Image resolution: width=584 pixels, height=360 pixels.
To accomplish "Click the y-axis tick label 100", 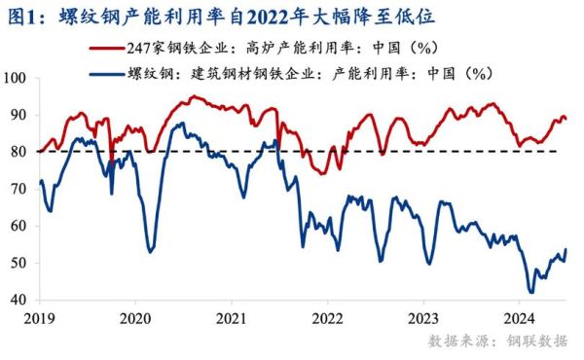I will (x=16, y=78).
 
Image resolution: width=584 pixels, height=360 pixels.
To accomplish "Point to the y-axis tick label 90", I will (x=19, y=115).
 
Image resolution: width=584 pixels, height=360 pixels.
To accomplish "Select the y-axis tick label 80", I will (x=19, y=152).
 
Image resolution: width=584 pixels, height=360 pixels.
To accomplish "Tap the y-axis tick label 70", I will (x=19, y=189).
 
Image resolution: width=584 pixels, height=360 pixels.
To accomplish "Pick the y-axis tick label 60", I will (x=19, y=226).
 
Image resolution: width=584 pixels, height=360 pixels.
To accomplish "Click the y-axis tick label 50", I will (x=19, y=263).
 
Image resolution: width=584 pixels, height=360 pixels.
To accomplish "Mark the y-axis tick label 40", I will (x=19, y=300).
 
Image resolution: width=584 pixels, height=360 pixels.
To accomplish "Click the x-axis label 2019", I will (x=40, y=317).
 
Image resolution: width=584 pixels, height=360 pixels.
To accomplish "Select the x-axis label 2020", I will (x=135, y=317).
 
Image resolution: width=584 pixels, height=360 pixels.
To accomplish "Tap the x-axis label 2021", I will (x=232, y=317).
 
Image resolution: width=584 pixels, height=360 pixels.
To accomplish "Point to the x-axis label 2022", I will (x=328, y=317).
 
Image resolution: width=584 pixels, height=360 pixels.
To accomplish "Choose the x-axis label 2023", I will (x=423, y=317).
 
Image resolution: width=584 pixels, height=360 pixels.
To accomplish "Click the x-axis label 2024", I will (x=520, y=317).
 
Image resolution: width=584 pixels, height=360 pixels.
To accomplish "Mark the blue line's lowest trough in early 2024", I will (x=530, y=292).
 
